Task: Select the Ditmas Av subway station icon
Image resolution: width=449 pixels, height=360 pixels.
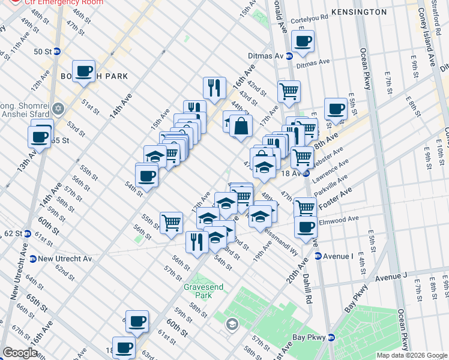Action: click(289, 56)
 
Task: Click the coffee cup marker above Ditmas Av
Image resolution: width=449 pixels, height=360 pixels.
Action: click(303, 42)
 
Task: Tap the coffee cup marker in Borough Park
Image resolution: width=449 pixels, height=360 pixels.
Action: click(85, 71)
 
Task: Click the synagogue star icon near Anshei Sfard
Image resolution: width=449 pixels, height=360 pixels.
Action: click(58, 109)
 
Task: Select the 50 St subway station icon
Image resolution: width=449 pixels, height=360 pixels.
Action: click(57, 52)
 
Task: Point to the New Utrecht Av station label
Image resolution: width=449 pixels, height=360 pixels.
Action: click(65, 259)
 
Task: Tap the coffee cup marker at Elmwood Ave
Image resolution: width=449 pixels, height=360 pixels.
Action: click(306, 227)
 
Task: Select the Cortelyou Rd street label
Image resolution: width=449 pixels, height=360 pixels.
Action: click(310, 19)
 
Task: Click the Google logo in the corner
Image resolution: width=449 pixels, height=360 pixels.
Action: click(20, 352)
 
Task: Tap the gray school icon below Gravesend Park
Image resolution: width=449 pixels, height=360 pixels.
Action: click(232, 325)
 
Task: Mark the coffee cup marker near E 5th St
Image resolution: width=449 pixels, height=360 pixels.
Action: click(336, 109)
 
